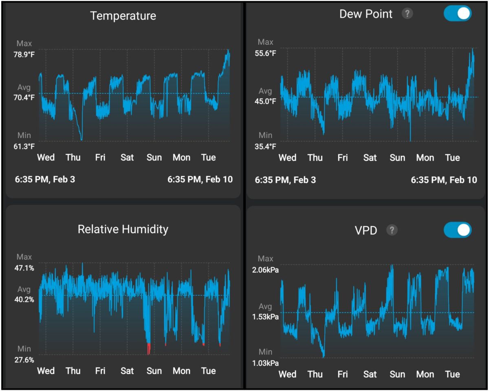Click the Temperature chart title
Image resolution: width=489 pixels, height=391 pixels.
pyautogui.click(x=123, y=16)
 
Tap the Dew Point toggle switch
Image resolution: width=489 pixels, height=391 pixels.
pyautogui.click(x=458, y=13)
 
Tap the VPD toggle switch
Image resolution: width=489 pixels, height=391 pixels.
pyautogui.click(x=458, y=230)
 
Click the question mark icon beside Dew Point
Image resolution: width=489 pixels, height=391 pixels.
pyautogui.click(x=407, y=14)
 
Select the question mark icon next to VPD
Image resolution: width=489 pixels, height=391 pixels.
pyautogui.click(x=392, y=230)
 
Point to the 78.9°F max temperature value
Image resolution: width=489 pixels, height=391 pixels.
pyautogui.click(x=24, y=55)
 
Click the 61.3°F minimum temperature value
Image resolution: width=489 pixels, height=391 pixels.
pyautogui.click(x=24, y=146)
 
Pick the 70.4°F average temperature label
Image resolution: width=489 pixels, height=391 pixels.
pyautogui.click(x=24, y=97)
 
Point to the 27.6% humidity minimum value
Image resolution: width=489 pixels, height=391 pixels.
pyautogui.click(x=24, y=360)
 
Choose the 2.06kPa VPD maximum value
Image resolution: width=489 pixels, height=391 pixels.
pyautogui.click(x=266, y=270)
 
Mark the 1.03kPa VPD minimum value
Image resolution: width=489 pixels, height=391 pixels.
pyautogui.click(x=266, y=363)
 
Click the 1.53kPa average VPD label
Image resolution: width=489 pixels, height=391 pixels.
pyautogui.click(x=266, y=317)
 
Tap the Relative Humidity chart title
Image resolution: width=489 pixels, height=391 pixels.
pyautogui.click(x=123, y=229)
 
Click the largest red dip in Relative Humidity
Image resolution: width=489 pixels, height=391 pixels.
pyautogui.click(x=149, y=349)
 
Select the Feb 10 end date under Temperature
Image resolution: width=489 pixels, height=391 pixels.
pyautogui.click(x=200, y=179)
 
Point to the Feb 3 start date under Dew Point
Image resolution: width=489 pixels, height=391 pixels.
pyautogui.click(x=285, y=180)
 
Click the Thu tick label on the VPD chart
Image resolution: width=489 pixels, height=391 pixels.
pyautogui.click(x=315, y=374)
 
